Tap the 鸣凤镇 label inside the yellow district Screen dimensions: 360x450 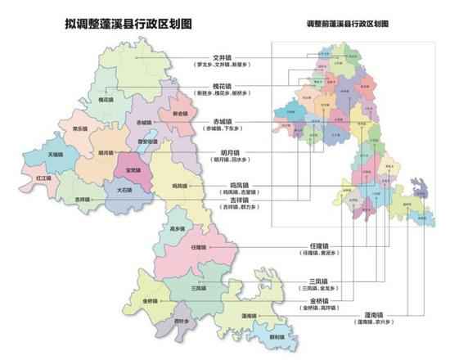pos(182,187)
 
